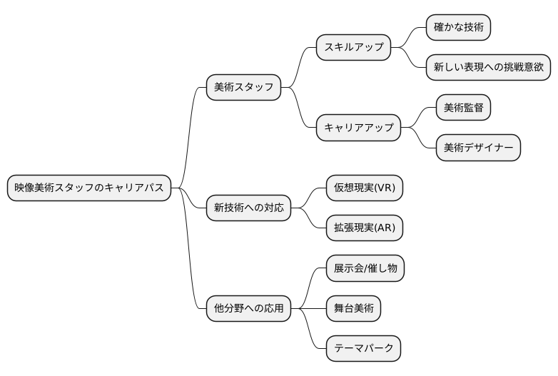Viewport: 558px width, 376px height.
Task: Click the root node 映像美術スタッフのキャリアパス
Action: pyautogui.click(x=89, y=188)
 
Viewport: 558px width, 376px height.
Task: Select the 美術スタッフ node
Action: pyautogui.click(x=243, y=87)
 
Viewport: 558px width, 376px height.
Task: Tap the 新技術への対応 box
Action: pyautogui.click(x=248, y=208)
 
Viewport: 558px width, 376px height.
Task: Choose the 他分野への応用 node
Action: pyautogui.click(x=248, y=309)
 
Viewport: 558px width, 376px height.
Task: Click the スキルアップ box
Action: pyautogui.click(x=354, y=47)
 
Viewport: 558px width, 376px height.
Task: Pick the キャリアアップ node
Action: pyautogui.click(x=358, y=128)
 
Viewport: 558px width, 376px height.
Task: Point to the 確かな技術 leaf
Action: pyautogui.click(x=459, y=27)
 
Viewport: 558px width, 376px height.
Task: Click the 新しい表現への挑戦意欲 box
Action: pyautogui.click(x=488, y=67)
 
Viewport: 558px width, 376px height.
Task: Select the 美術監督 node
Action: pyautogui.click(x=463, y=108)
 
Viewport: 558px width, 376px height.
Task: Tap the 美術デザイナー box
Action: pyautogui.click(x=478, y=148)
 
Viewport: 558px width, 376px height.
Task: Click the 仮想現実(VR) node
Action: pyautogui.click(x=364, y=188)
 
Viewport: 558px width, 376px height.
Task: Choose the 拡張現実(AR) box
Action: pyautogui.click(x=364, y=228)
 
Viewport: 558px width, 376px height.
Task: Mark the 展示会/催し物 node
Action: pyautogui.click(x=365, y=269)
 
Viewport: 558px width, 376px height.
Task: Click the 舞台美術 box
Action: pyautogui.click(x=352, y=309)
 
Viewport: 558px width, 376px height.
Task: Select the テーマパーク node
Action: pyautogui.click(x=363, y=350)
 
